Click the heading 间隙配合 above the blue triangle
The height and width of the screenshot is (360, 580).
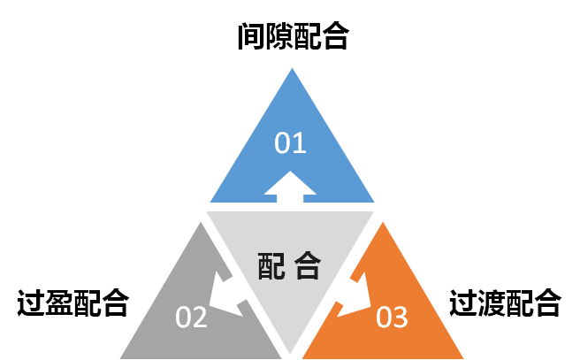pyautogui.click(x=293, y=37)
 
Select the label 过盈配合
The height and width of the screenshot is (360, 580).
pyautogui.click(x=73, y=303)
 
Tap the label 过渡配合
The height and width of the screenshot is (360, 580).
pyautogui.click(x=505, y=303)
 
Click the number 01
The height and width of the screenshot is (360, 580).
pyautogui.click(x=290, y=142)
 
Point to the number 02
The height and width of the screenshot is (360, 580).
pyautogui.click(x=192, y=316)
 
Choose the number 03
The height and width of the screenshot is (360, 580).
pyautogui.click(x=392, y=316)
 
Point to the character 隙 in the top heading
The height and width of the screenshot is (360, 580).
pyautogui.click(x=279, y=37)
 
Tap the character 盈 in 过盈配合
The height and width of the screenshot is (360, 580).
pyautogui.click(x=59, y=303)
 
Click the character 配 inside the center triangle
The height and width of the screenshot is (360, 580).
pyautogui.click(x=272, y=264)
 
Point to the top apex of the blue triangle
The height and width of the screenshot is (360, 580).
pyautogui.click(x=292, y=71)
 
